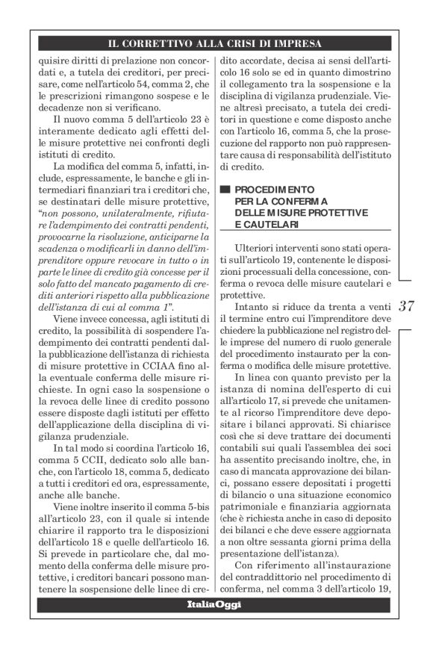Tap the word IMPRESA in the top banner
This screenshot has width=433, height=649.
point(296,43)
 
